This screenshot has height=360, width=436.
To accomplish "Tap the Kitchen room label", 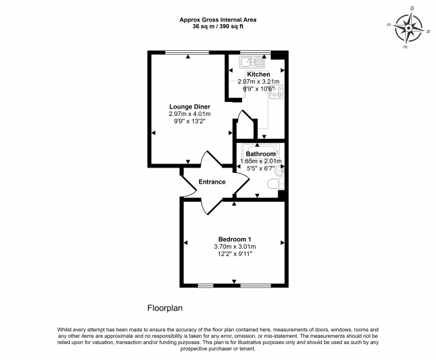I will [258, 74].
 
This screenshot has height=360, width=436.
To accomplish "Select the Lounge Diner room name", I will [189, 107].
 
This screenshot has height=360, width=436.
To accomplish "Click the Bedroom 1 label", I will [235, 239].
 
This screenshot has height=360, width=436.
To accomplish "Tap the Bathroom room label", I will [260, 154].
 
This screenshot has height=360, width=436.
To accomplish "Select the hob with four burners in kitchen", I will [276, 93].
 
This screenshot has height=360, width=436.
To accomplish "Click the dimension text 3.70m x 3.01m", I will [235, 247].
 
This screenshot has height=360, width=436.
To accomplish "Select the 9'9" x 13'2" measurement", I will [189, 121].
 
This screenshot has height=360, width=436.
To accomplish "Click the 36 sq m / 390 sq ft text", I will [218, 27].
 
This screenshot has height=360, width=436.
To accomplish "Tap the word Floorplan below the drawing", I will [164, 308].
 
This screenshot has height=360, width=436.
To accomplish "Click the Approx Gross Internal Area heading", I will [218, 19].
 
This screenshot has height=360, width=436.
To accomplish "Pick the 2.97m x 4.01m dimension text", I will [189, 114].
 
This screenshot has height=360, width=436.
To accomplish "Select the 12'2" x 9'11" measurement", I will [235, 254].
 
